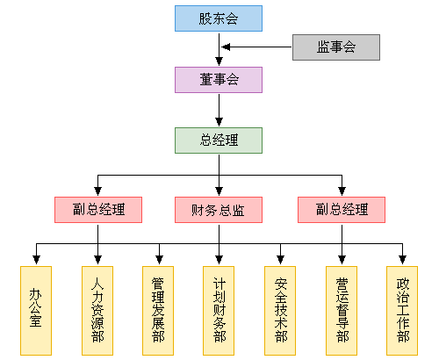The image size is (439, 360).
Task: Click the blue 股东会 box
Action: click(219, 18)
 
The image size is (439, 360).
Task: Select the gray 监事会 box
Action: click(336, 47)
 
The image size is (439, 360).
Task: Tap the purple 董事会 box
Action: click(219, 80)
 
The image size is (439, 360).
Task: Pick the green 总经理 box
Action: click(219, 140)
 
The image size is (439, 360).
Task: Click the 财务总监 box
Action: click(219, 210)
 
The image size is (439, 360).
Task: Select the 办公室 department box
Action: click(36, 311)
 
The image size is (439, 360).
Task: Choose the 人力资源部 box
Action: click(97, 311)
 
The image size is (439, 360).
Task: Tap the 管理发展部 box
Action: click(158, 311)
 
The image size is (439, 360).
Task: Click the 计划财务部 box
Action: click(219, 311)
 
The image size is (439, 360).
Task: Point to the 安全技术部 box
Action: click(280, 311)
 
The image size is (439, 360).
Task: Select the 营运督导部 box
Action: click(342, 311)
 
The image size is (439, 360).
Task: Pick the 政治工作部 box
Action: click(402, 311)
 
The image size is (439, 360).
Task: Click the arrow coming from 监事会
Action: click(256, 47)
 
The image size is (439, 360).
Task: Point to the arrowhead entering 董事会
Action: click(219, 61)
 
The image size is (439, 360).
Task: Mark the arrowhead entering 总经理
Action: click(219, 122)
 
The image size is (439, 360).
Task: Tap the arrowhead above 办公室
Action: click(36, 260)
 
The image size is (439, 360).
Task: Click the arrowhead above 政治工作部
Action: click(402, 260)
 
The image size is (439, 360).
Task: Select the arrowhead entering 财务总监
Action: click(219, 191)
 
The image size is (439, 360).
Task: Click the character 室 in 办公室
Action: click(35, 321)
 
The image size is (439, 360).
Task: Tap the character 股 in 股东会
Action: click(205, 18)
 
